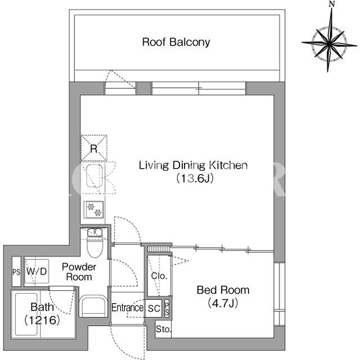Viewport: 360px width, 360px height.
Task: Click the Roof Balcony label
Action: coord(176,42)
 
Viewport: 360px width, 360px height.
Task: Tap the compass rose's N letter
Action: coord(331,4)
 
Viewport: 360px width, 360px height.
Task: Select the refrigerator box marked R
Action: coord(94,148)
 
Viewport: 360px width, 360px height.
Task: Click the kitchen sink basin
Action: coord(94,175)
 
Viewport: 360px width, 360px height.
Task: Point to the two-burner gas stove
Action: coord(94,210)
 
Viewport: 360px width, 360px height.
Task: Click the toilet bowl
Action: coord(94,247)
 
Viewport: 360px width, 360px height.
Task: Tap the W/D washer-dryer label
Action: coord(37,271)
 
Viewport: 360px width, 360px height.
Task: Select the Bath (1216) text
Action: coord(42,314)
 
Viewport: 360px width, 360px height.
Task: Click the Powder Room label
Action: coord(79,272)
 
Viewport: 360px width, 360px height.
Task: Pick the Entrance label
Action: coord(128,308)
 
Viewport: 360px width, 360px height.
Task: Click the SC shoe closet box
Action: coord(154,308)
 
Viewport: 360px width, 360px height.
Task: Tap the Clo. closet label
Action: coord(159,276)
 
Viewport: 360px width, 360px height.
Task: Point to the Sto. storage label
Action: coord(164,329)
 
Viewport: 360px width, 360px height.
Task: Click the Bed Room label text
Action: coord(223,290)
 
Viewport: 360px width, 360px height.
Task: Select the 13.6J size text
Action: coord(195,178)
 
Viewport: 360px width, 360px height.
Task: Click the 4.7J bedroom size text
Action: coord(223,304)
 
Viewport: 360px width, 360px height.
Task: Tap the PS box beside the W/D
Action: coord(16,272)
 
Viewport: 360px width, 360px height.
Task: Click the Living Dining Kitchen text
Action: coord(193,165)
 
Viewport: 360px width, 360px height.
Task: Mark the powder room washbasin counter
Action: coord(93,306)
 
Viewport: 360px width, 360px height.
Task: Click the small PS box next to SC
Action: coord(167,309)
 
